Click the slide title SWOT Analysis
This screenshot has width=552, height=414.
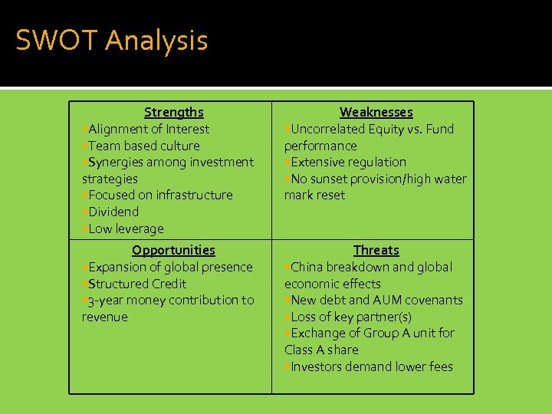pyautogui.click(x=111, y=40)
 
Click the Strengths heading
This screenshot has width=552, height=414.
pyautogui.click(x=174, y=113)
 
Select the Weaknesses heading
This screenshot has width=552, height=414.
pyautogui.click(x=376, y=113)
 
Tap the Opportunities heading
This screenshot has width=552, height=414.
pyautogui.click(x=173, y=250)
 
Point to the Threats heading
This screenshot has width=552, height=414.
pyautogui.click(x=376, y=250)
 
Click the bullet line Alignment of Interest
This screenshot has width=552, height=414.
pyautogui.click(x=148, y=130)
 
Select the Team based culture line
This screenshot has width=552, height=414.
pyautogui.click(x=143, y=146)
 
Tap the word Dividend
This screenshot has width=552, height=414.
pyautogui.click(x=113, y=212)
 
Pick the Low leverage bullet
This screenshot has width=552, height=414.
pyautogui.click(x=126, y=228)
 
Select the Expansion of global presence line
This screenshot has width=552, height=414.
pyautogui.click(x=169, y=268)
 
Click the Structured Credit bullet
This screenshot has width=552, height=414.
pyautogui.click(x=137, y=284)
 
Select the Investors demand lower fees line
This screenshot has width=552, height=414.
pyautogui.click(x=371, y=367)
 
